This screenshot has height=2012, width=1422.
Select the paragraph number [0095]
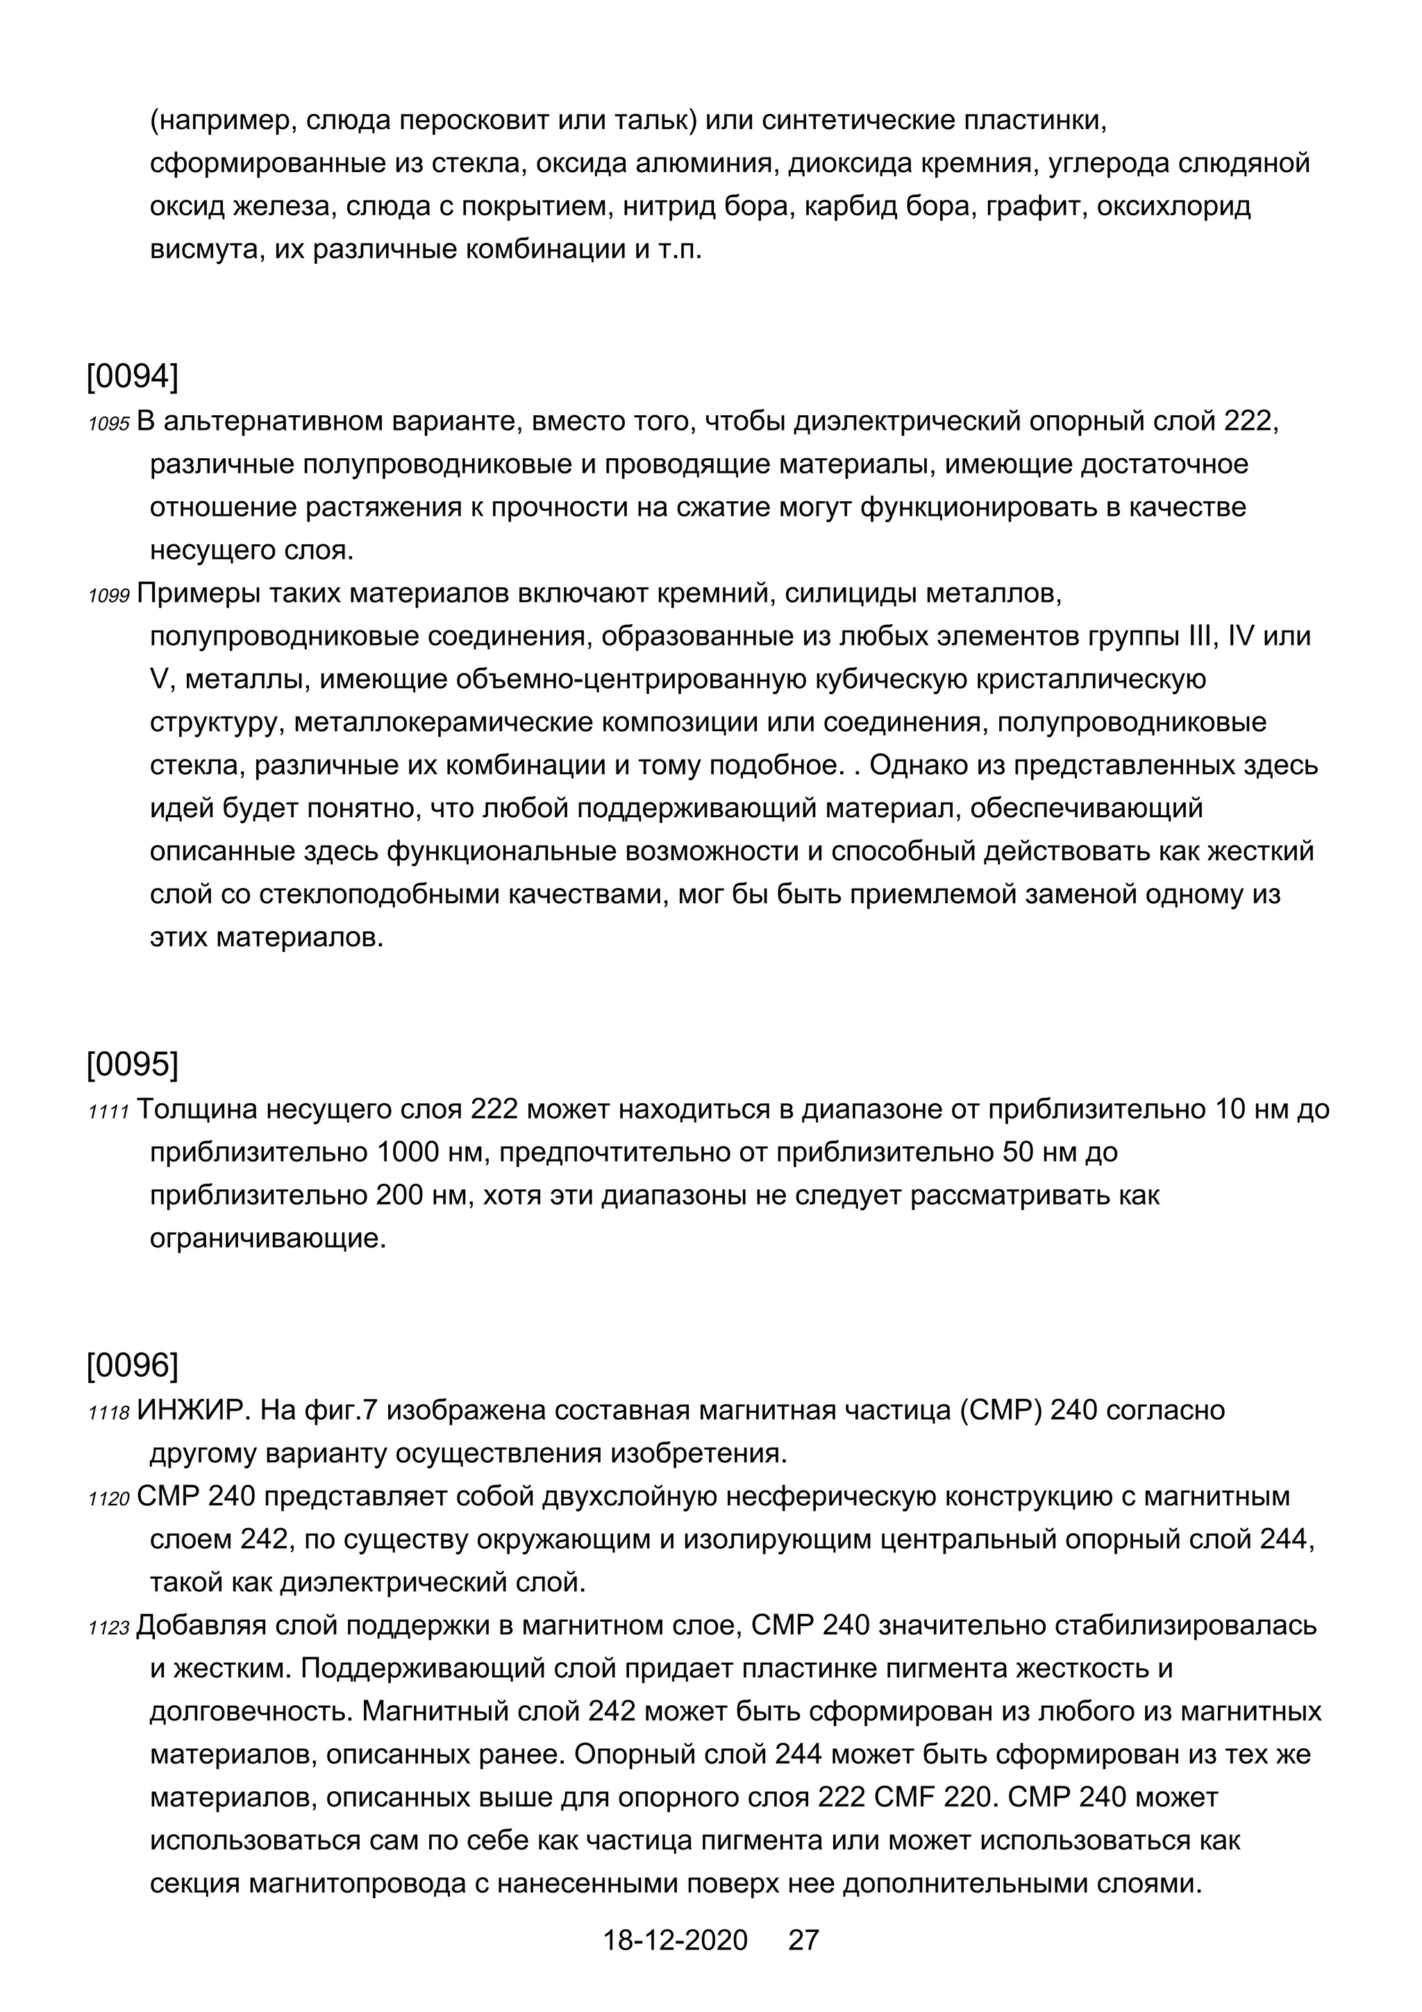point(133,1065)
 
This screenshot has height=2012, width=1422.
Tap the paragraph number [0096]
point(133,1365)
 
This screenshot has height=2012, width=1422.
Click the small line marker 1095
point(108,424)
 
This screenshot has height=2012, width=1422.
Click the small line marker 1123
point(108,1629)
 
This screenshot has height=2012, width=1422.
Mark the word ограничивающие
point(268,1239)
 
